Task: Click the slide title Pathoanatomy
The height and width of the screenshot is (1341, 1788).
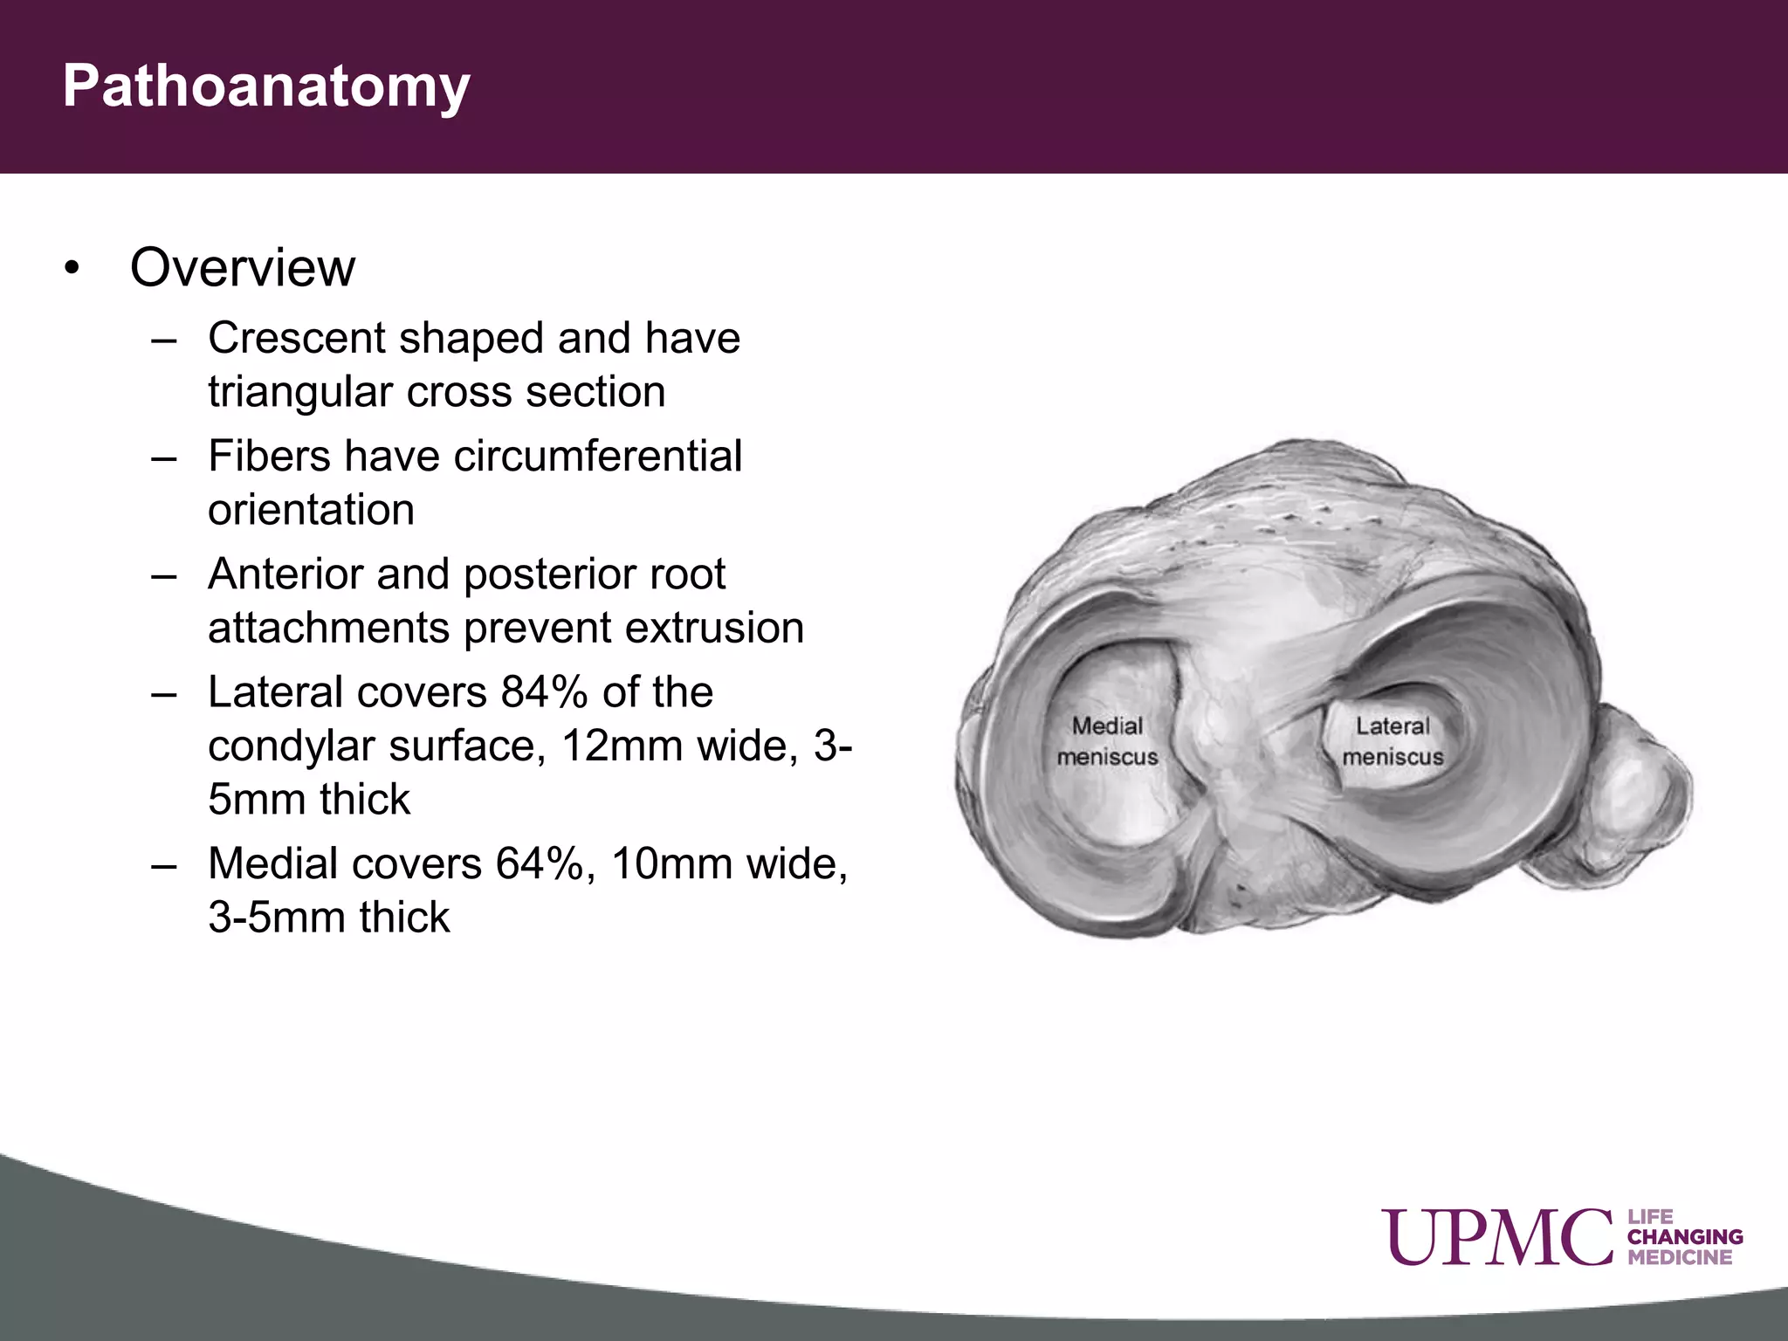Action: (266, 87)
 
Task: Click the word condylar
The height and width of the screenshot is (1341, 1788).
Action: (290, 746)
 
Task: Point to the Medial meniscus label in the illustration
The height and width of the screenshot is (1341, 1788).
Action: (1107, 741)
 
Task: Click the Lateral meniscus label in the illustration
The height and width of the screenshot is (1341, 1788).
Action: (1393, 741)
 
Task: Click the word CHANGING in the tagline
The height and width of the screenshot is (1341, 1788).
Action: (1685, 1237)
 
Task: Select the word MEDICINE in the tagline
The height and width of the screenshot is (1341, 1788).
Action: (1680, 1258)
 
